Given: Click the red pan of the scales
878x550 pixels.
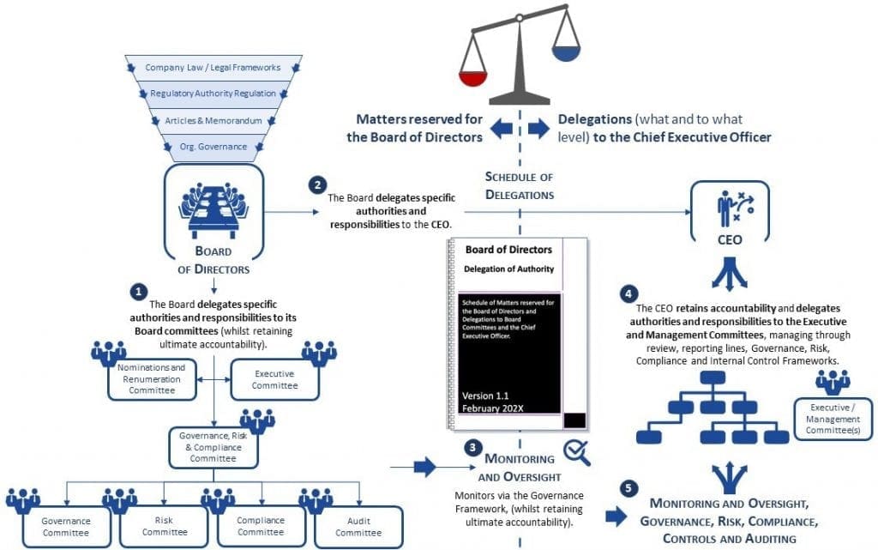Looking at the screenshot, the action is point(472,78).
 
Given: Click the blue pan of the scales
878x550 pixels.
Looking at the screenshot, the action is point(567,53).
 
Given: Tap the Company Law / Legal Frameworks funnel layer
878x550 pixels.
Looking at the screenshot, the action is point(213,68).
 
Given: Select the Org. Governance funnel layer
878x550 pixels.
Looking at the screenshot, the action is point(213,148).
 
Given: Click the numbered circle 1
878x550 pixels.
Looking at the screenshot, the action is point(138,291).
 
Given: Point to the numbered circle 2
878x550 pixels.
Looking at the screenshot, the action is point(317,184).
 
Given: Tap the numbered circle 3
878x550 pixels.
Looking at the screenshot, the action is point(473,448).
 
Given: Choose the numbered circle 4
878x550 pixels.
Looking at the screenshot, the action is point(628,294).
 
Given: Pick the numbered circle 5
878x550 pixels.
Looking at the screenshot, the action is point(628,488).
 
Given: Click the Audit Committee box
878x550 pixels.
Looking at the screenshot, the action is point(359,527).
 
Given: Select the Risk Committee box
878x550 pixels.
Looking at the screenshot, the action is point(164,527).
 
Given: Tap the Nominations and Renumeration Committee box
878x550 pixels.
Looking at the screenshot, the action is point(152,379).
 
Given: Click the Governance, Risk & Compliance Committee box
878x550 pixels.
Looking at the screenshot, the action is point(213,447).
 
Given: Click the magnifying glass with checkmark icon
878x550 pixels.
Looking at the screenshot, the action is point(577,452).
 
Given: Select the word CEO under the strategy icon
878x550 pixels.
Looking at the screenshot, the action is point(730,240).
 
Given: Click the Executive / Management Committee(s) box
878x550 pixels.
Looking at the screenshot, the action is point(833,419).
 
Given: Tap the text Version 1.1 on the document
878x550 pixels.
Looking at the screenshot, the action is point(485,396).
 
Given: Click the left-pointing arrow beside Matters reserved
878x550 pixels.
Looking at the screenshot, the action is point(502,128).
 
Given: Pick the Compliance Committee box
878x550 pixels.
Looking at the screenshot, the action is point(261,527).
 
